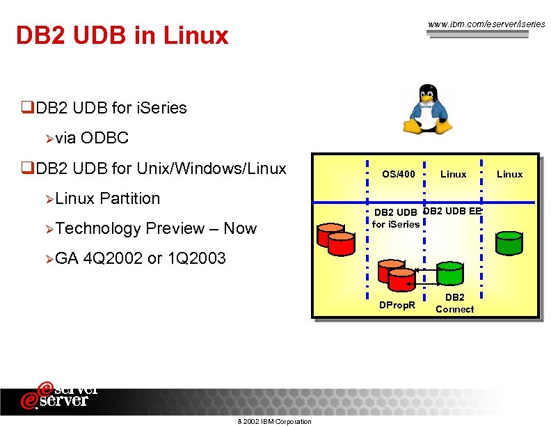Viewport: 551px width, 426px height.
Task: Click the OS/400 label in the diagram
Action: coord(399,174)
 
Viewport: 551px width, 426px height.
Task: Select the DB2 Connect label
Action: coord(454,303)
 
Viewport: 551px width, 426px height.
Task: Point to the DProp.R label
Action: coord(397,305)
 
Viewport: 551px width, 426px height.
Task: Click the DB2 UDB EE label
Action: coord(452,211)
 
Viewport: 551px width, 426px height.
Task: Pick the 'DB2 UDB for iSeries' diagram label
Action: coord(396,218)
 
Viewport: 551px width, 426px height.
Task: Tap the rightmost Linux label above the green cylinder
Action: coord(509,174)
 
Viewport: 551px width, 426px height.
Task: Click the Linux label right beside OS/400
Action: coord(453,174)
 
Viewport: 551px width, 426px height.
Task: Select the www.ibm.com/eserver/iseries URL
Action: coord(486,24)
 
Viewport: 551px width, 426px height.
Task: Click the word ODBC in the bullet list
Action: coord(104,138)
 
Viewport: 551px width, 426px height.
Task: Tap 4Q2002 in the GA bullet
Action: coord(113,258)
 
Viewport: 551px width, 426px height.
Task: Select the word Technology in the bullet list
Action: coord(98,228)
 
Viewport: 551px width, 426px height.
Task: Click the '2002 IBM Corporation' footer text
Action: coord(274,421)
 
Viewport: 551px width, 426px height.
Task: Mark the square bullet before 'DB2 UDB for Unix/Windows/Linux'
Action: coord(27,168)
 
